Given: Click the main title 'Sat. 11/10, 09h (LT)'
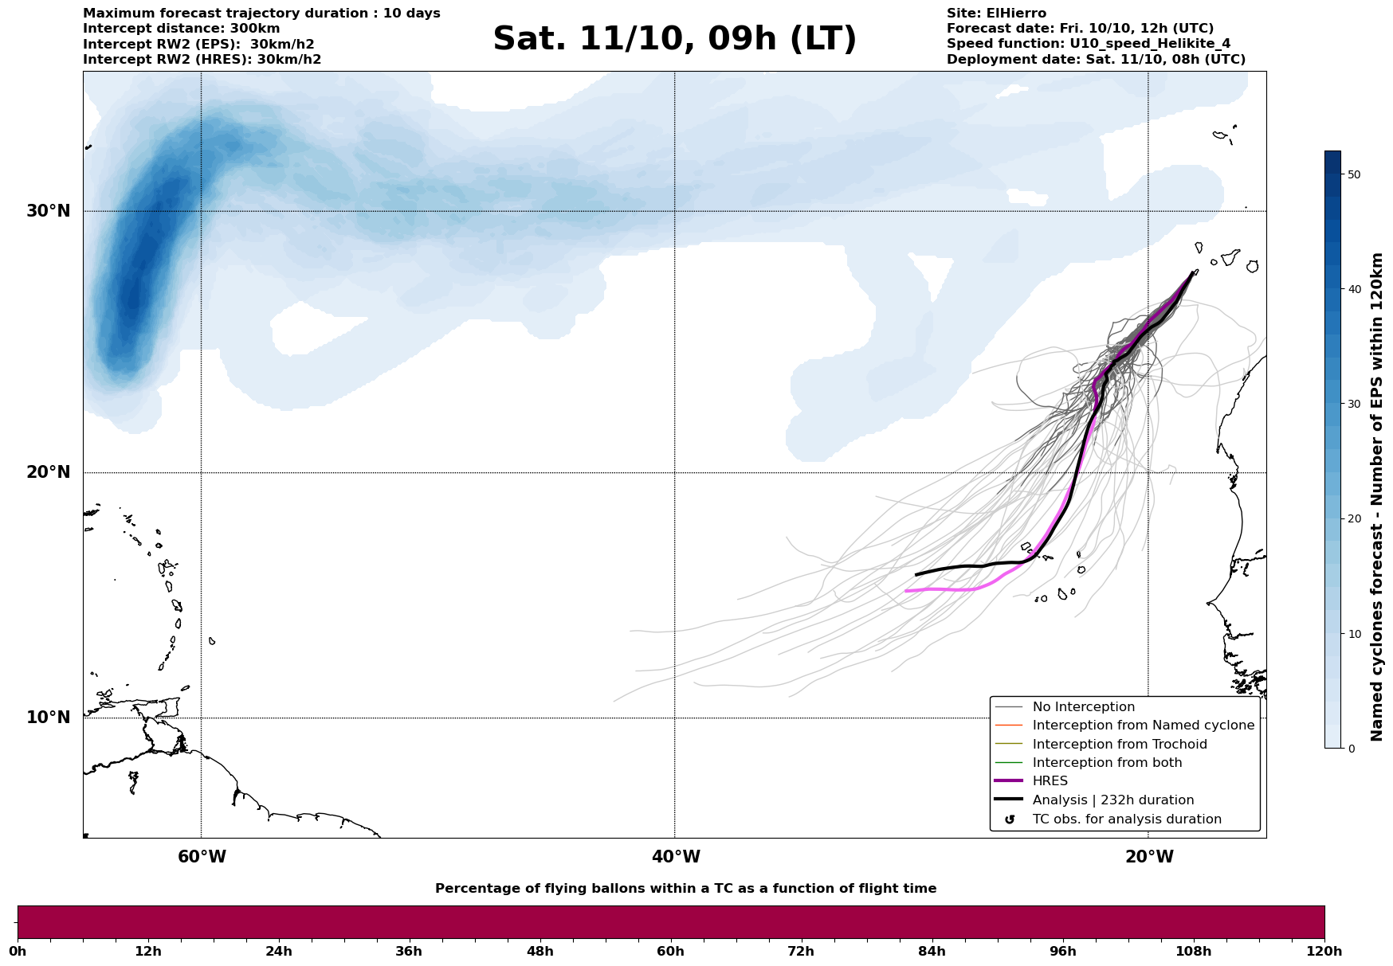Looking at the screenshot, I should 674,39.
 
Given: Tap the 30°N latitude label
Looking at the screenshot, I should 48,211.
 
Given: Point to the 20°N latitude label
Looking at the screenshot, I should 48,472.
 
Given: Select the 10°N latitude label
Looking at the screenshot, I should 48,718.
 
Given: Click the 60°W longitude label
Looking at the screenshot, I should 202,857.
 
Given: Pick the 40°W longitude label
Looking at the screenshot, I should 676,857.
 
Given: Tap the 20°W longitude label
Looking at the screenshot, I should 1149,857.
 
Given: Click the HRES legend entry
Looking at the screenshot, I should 1050,781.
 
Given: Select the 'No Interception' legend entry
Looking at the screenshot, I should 1083,707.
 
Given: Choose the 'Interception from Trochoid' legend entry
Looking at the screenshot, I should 1119,745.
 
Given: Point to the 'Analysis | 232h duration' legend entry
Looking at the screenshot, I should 1112,800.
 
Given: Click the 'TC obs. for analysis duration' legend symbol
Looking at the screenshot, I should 1010,819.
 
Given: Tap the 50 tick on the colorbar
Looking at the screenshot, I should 1353,174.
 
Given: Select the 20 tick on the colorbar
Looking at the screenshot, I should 1353,518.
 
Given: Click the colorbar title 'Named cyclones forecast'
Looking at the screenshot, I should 1377,497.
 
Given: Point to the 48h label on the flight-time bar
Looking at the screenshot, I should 540,951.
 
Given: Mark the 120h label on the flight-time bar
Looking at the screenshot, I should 1324,951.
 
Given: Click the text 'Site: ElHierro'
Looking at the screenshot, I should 996,14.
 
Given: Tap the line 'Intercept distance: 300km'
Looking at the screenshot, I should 181,29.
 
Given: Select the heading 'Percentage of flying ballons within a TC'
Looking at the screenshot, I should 685,889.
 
